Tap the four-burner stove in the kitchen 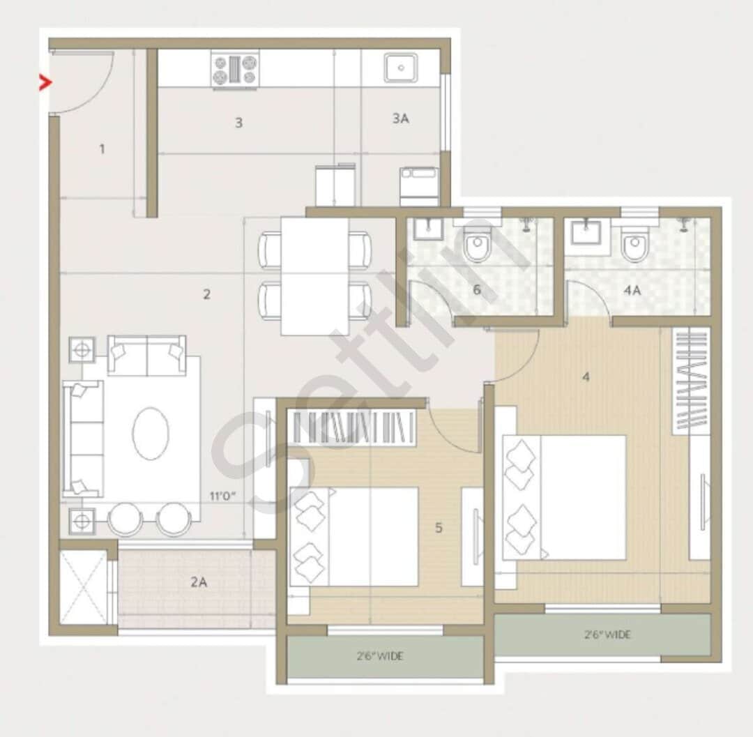tap(235, 70)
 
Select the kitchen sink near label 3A tap(401, 68)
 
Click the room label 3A tap(400, 119)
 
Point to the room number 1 tap(102, 149)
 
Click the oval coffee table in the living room tap(151, 434)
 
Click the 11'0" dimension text tap(223, 497)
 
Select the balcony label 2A tap(199, 582)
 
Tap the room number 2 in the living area tap(206, 294)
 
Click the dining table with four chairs tap(314, 276)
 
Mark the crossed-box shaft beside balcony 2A tap(84, 587)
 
